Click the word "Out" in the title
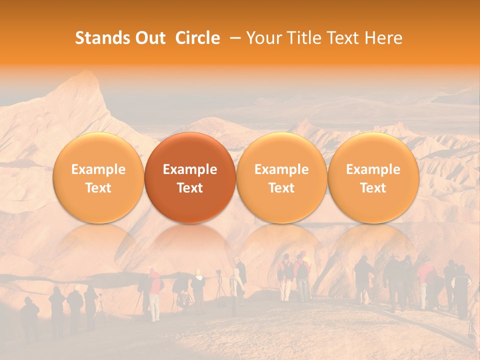(149, 38)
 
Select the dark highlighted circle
(190, 178)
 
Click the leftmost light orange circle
(98, 178)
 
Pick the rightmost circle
(373, 178)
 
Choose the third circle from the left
(281, 178)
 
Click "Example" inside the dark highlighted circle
(190, 169)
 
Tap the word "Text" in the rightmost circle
(373, 188)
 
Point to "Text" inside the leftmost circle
(98, 188)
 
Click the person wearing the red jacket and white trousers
(155, 295)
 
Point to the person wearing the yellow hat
(198, 285)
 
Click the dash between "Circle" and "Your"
(233, 38)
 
